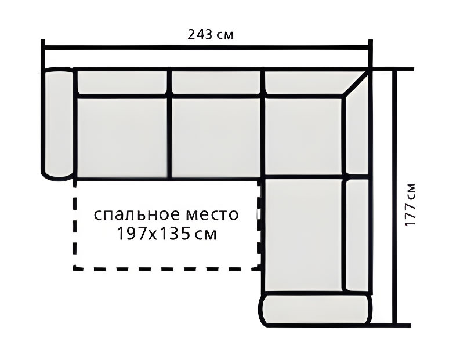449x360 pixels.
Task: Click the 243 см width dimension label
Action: coord(211,34)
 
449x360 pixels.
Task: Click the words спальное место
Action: coord(166,214)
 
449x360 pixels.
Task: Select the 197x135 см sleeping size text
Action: coord(166,234)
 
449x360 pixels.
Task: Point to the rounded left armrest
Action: coord(58,124)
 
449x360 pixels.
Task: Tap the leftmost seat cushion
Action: coord(122,138)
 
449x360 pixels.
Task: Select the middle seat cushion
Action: coord(216,138)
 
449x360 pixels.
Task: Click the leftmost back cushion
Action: coord(122,82)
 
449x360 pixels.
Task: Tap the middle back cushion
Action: coord(216,82)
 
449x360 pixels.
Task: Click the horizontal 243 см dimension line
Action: coord(207,48)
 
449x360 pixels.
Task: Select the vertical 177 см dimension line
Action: coord(395,198)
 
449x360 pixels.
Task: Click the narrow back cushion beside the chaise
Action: coord(358,234)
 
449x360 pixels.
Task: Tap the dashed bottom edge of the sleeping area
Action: coord(166,269)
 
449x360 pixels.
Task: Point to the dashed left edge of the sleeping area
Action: coord(75,226)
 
